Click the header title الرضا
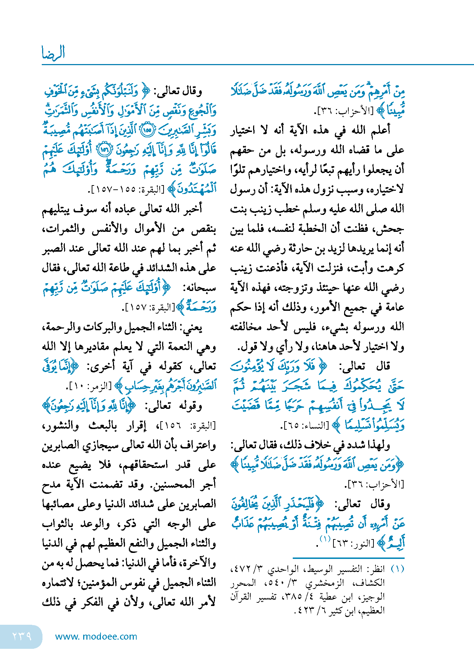pos(53,53)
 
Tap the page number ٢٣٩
pos(22,636)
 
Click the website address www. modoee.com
pos(96,636)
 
